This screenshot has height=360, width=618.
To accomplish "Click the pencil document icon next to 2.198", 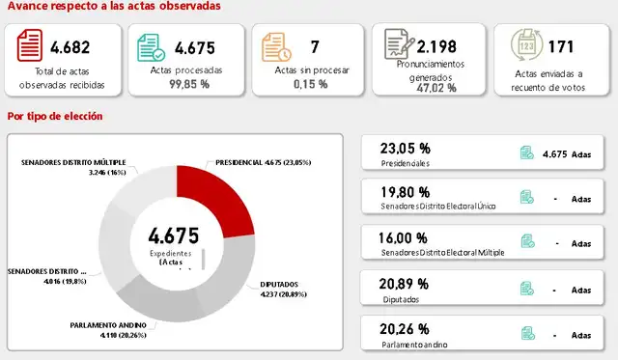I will [397, 45].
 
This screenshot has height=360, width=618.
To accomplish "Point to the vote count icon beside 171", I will [526, 45].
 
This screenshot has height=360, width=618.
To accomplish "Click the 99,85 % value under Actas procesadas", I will [189, 84].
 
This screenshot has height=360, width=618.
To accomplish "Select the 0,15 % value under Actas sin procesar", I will [310, 84].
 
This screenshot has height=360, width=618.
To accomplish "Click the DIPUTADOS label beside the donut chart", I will [280, 284].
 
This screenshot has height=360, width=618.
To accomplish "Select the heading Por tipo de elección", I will [55, 117].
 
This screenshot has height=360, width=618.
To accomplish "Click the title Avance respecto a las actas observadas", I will [113, 7].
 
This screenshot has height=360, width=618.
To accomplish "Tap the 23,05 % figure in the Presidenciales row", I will [405, 148].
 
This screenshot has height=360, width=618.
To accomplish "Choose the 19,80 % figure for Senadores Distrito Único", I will [405, 191].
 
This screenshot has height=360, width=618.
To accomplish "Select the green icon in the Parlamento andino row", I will [527, 333].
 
